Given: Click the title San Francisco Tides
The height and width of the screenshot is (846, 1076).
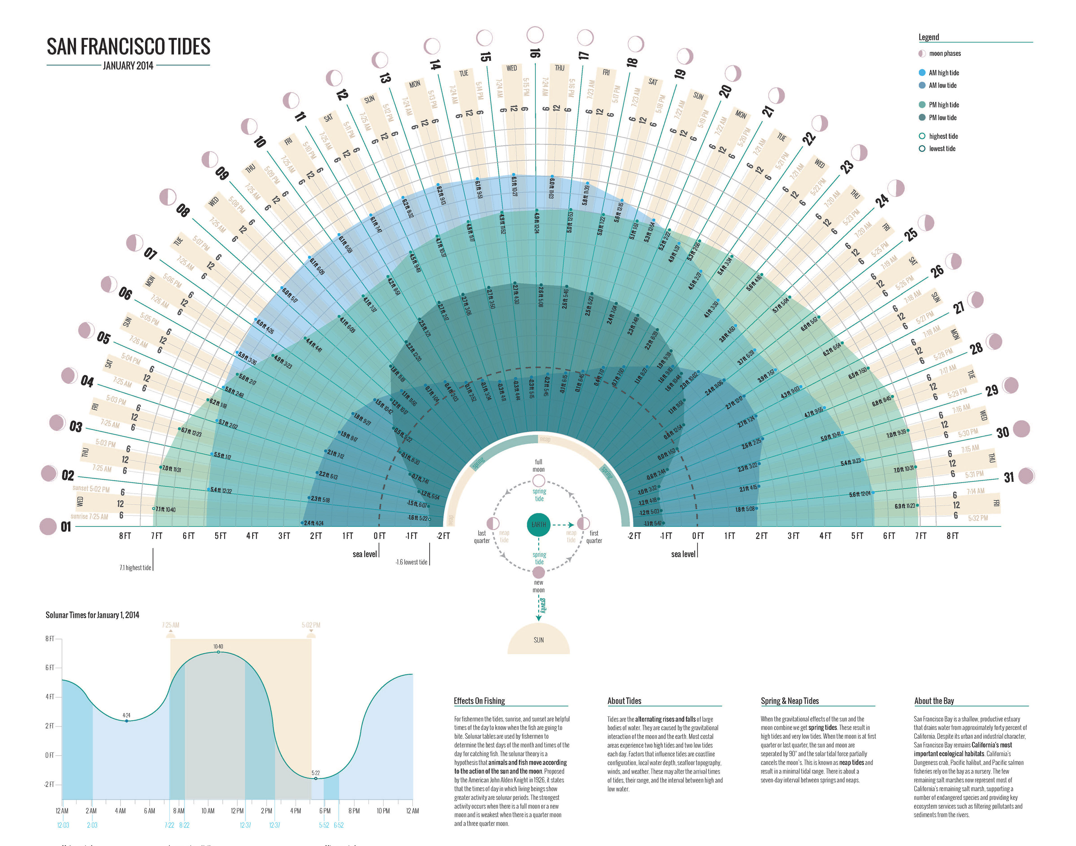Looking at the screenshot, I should point(128,47).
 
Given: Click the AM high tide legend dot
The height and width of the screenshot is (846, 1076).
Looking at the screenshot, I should point(922,72).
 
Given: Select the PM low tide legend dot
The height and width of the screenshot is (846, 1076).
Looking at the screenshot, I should point(922,117).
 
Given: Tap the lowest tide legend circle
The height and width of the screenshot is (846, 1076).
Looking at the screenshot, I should point(922,149).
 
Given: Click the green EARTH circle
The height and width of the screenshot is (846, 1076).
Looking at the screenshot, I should point(538,524).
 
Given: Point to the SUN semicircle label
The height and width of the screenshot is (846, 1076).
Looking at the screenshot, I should point(538,640).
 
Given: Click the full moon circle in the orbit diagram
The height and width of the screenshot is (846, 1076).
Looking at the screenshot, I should point(538,480).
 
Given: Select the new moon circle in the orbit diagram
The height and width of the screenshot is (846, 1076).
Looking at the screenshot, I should point(538,573).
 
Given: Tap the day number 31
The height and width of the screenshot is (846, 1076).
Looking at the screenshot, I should point(1009,477).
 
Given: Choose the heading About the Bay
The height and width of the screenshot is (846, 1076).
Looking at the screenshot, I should point(934,701).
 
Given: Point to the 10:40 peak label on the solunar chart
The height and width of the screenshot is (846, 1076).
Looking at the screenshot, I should point(218,646).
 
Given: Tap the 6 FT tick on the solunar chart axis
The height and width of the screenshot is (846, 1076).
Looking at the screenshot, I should point(50,668).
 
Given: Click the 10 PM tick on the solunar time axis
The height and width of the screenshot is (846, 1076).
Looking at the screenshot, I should point(383,811).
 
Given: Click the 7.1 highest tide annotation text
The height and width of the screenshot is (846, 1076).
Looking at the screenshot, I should point(135,568).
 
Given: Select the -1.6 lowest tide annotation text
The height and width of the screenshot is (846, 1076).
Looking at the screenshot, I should point(411,562).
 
